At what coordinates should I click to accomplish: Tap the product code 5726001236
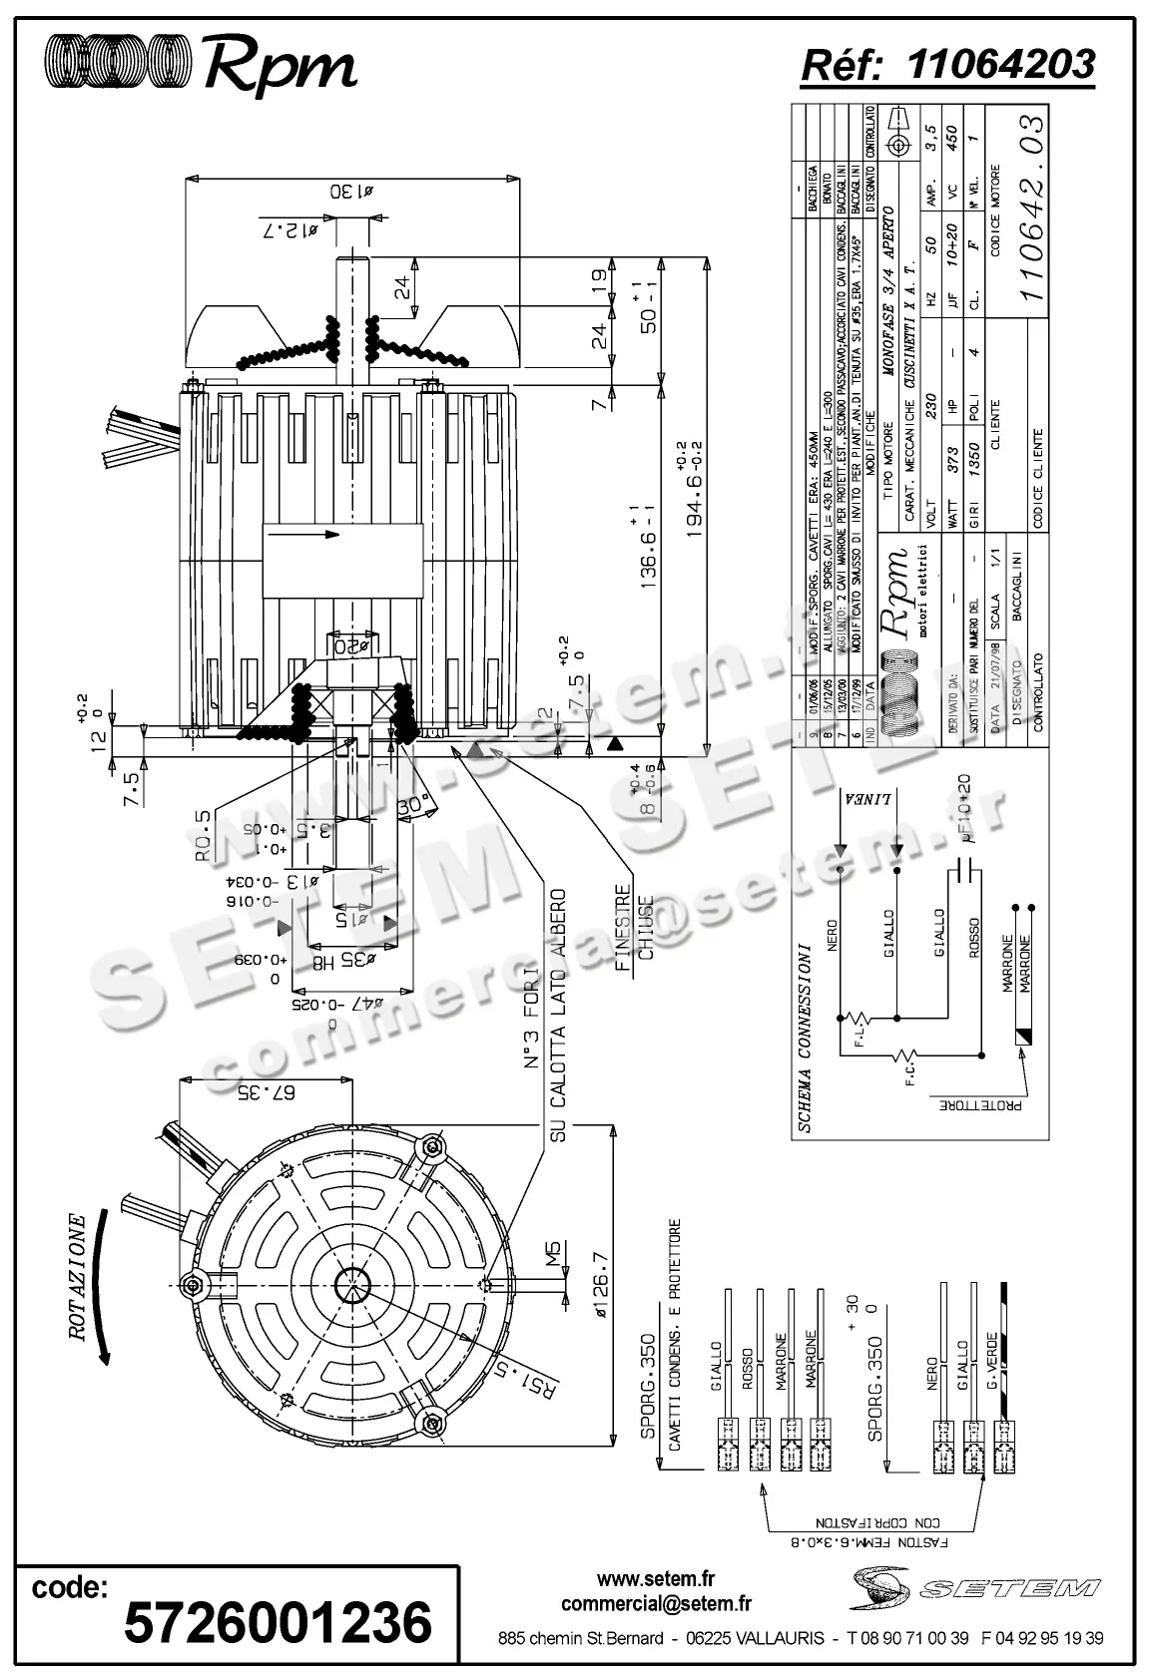coord(278,1622)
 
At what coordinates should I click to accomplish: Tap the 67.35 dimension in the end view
coord(267,1091)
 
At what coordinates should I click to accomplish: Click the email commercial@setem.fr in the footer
coord(656,1603)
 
